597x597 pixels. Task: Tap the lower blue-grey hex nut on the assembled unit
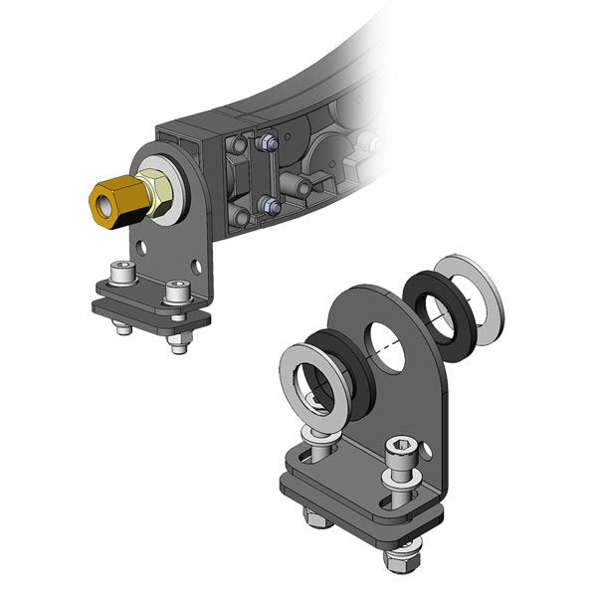pyautogui.click(x=269, y=206)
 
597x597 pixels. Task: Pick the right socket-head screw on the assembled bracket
pyautogui.click(x=177, y=292)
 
